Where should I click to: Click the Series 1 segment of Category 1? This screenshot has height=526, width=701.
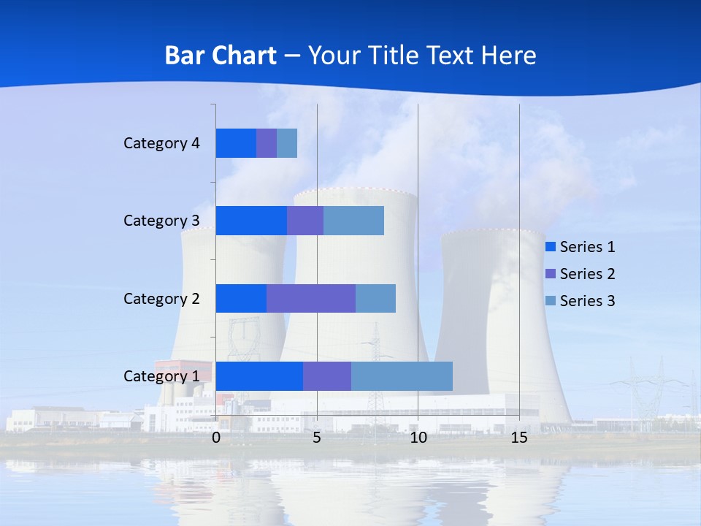[x=259, y=376]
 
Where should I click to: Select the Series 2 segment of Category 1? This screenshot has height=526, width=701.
[x=326, y=376]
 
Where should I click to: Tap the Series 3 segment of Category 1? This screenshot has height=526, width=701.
[x=402, y=376]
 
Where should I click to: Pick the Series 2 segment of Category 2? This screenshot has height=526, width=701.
[x=310, y=298]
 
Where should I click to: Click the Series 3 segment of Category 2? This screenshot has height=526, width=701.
[x=375, y=298]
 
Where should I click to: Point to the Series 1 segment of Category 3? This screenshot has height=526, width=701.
[x=251, y=221]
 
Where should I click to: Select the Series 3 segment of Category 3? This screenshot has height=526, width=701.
[x=353, y=221]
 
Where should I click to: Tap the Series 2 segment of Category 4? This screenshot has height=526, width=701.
[x=267, y=143]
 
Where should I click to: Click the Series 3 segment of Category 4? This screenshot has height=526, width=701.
[x=287, y=143]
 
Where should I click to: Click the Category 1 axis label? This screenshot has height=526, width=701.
[x=161, y=376]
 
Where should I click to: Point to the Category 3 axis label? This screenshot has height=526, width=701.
[x=161, y=221]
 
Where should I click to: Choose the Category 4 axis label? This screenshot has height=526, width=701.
[x=161, y=143]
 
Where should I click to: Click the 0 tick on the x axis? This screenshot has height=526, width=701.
[x=216, y=438]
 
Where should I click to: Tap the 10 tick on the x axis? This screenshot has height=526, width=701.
[x=418, y=438]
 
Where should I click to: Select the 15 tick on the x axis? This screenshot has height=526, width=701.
[x=519, y=438]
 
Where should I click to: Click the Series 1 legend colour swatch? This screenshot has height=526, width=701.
[x=551, y=247]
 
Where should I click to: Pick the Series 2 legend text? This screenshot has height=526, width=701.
[x=587, y=274]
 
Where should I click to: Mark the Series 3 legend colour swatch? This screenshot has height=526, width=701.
[x=551, y=300]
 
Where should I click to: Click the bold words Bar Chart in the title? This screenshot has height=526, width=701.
[x=221, y=56]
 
